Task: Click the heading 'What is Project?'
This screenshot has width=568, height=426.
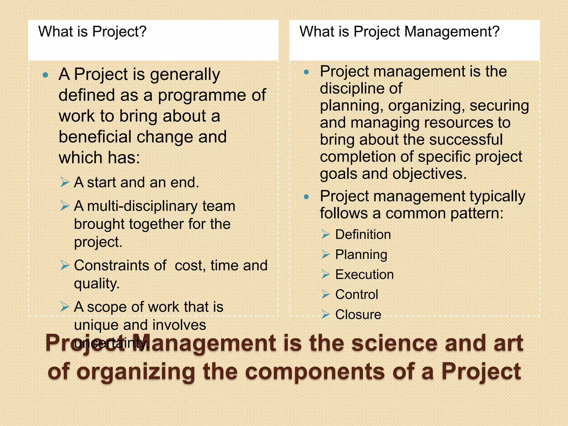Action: [92, 32]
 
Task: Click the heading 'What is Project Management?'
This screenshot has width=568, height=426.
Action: [399, 32]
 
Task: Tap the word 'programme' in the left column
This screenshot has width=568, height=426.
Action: [202, 95]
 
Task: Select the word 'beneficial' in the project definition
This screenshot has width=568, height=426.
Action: [95, 137]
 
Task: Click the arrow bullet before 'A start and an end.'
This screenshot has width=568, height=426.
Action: [65, 182]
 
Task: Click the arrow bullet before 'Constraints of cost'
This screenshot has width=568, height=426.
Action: [65, 265]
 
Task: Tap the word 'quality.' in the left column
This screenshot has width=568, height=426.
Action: [97, 283]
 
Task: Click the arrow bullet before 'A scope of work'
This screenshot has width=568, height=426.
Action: [65, 307]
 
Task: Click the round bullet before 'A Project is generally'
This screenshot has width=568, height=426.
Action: [45, 75]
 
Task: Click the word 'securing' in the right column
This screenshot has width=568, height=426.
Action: [499, 106]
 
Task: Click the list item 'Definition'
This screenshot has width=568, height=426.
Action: [363, 235]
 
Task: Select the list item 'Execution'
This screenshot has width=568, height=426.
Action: [364, 275]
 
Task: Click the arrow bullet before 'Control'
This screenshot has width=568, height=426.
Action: [326, 295]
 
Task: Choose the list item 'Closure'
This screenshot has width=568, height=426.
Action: [358, 315]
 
